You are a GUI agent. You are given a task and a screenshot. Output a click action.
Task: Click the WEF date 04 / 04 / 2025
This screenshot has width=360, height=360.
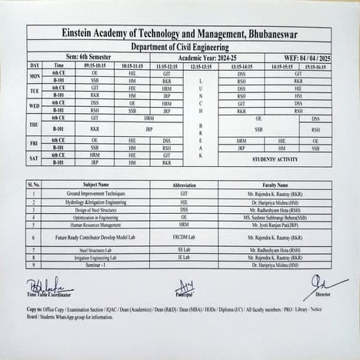(x=298, y=58)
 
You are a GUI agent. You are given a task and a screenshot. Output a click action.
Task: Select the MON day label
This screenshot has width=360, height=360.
(x=35, y=77)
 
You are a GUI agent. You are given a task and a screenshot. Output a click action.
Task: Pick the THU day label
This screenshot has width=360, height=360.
(x=35, y=125)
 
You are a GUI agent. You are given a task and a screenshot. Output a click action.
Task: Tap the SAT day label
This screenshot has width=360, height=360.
(x=35, y=159)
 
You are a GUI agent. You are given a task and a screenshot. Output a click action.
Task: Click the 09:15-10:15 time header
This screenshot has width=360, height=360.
(x=95, y=66)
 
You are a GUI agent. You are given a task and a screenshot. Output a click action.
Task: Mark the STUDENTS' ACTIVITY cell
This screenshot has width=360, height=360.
(x=275, y=159)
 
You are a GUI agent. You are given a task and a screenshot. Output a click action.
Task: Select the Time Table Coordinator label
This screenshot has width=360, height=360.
(x=51, y=295)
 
